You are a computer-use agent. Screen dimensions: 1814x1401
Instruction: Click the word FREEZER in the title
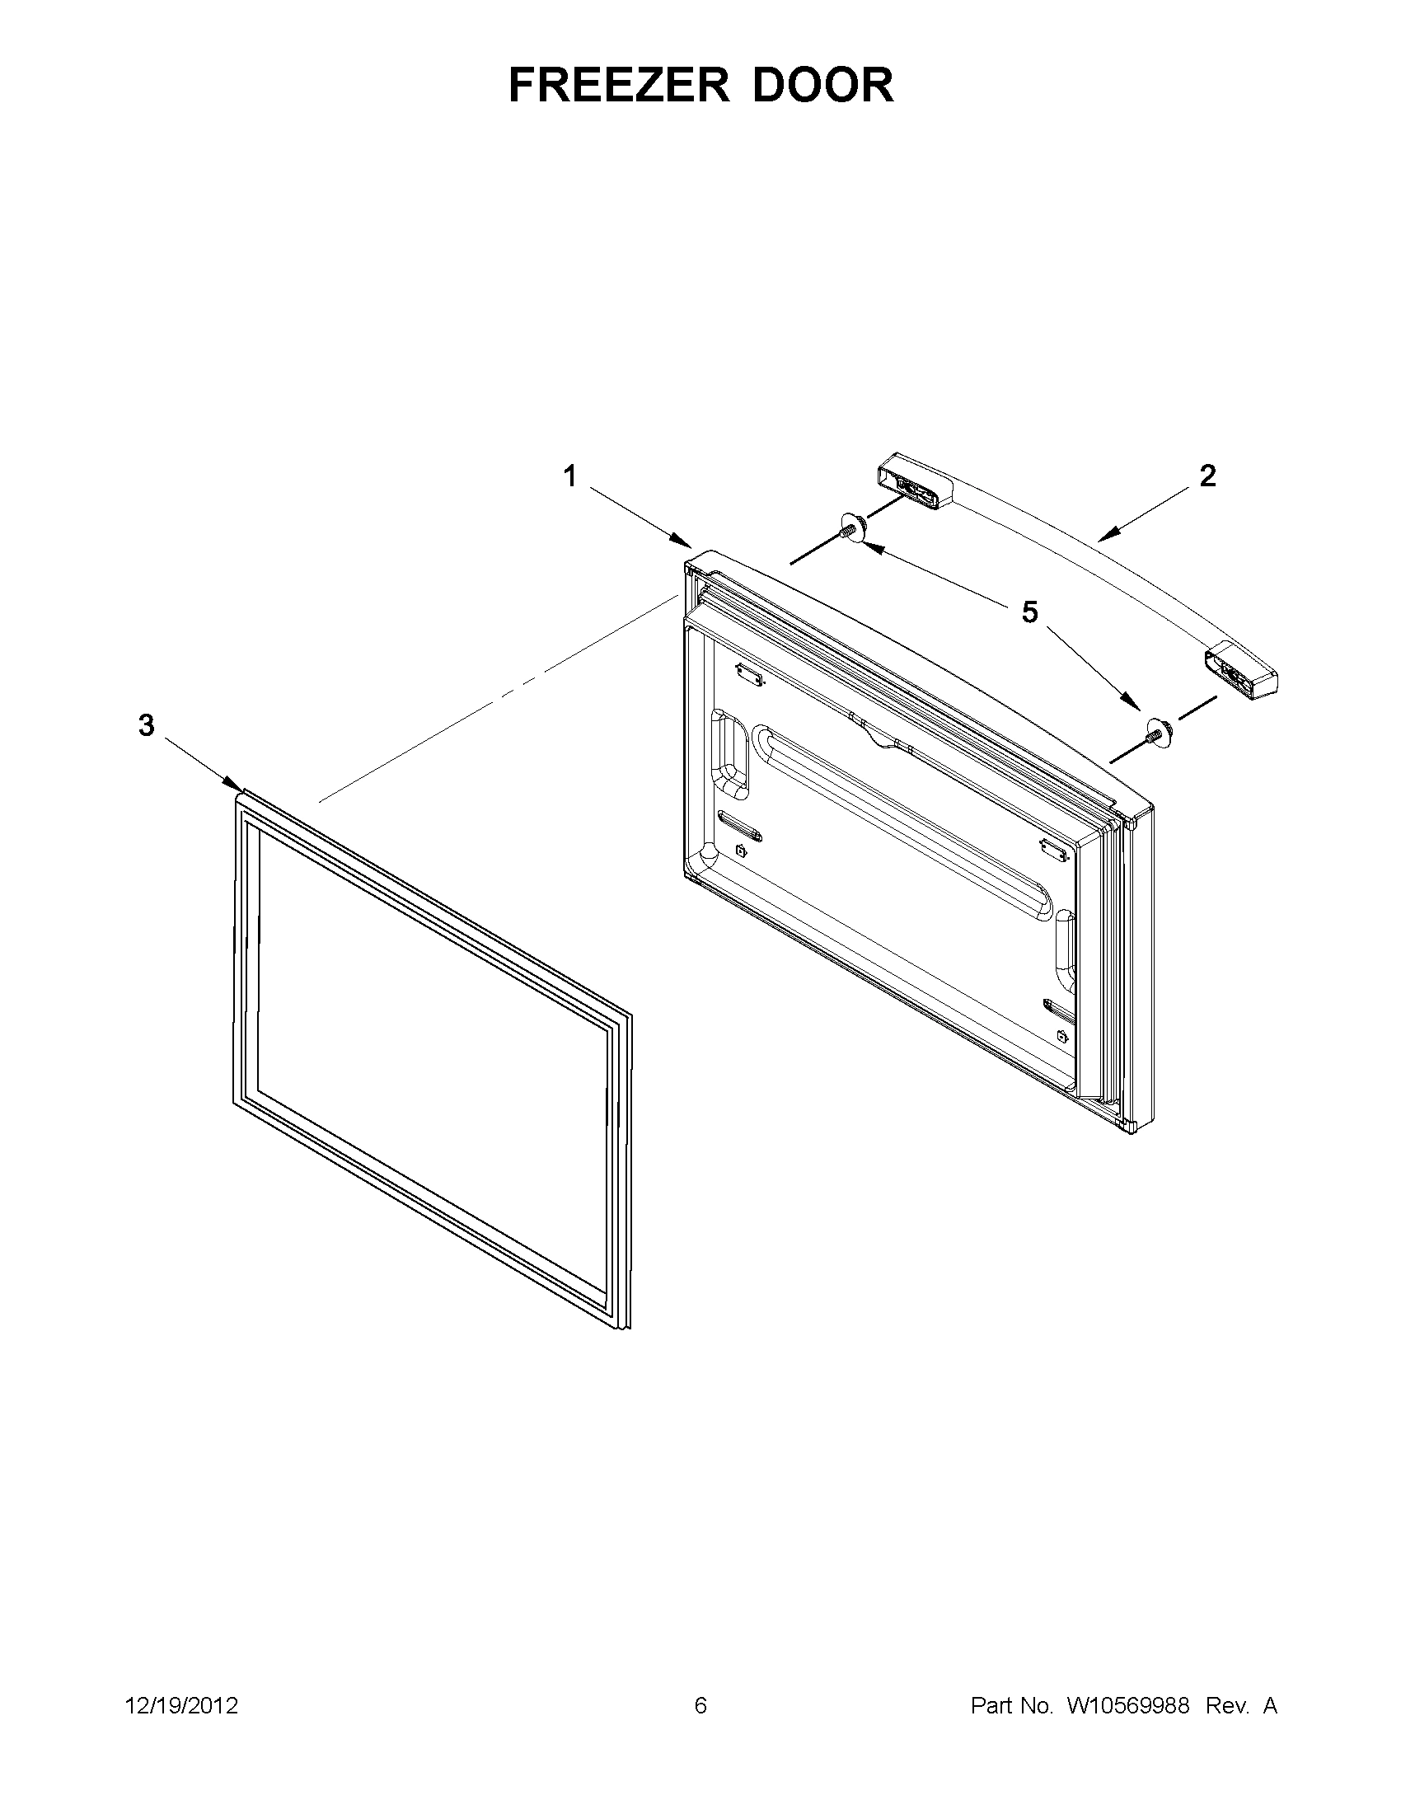[619, 85]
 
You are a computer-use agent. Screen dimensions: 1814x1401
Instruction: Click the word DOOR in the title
[823, 85]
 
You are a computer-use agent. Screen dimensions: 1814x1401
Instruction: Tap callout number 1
[569, 476]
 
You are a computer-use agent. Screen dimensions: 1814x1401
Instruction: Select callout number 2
[1207, 476]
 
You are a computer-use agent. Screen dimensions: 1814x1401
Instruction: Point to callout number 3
[146, 725]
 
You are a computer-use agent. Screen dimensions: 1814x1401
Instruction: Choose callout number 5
[1030, 612]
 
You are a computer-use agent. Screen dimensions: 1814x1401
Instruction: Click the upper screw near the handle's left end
[851, 527]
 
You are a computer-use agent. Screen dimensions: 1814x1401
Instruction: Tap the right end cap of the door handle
[1241, 669]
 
